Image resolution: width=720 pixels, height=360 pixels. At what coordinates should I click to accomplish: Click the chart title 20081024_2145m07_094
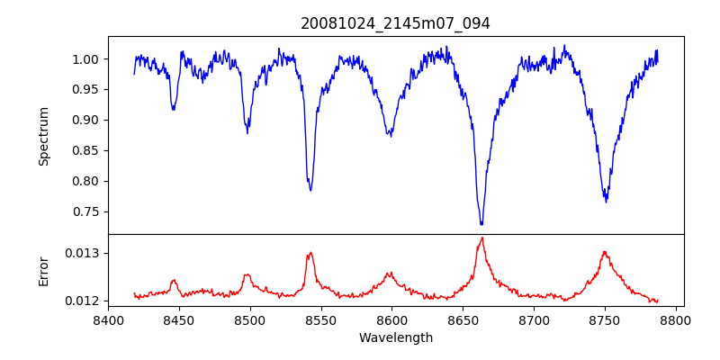(395, 23)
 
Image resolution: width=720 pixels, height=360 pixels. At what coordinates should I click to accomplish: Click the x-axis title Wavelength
(395, 337)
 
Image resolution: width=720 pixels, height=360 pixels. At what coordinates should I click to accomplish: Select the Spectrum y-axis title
(44, 136)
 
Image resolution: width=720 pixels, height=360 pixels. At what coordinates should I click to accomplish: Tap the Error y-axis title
(44, 271)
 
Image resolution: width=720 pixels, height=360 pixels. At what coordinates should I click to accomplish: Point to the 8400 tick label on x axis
(108, 319)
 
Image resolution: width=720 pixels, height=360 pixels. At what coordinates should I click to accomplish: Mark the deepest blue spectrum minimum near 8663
(481, 223)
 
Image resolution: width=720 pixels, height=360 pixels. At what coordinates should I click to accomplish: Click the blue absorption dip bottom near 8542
(310, 190)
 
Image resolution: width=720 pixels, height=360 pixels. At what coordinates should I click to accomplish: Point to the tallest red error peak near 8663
(482, 238)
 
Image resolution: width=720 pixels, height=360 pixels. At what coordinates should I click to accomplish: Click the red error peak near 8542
(310, 253)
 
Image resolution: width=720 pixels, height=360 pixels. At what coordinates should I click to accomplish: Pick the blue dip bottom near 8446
(174, 110)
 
